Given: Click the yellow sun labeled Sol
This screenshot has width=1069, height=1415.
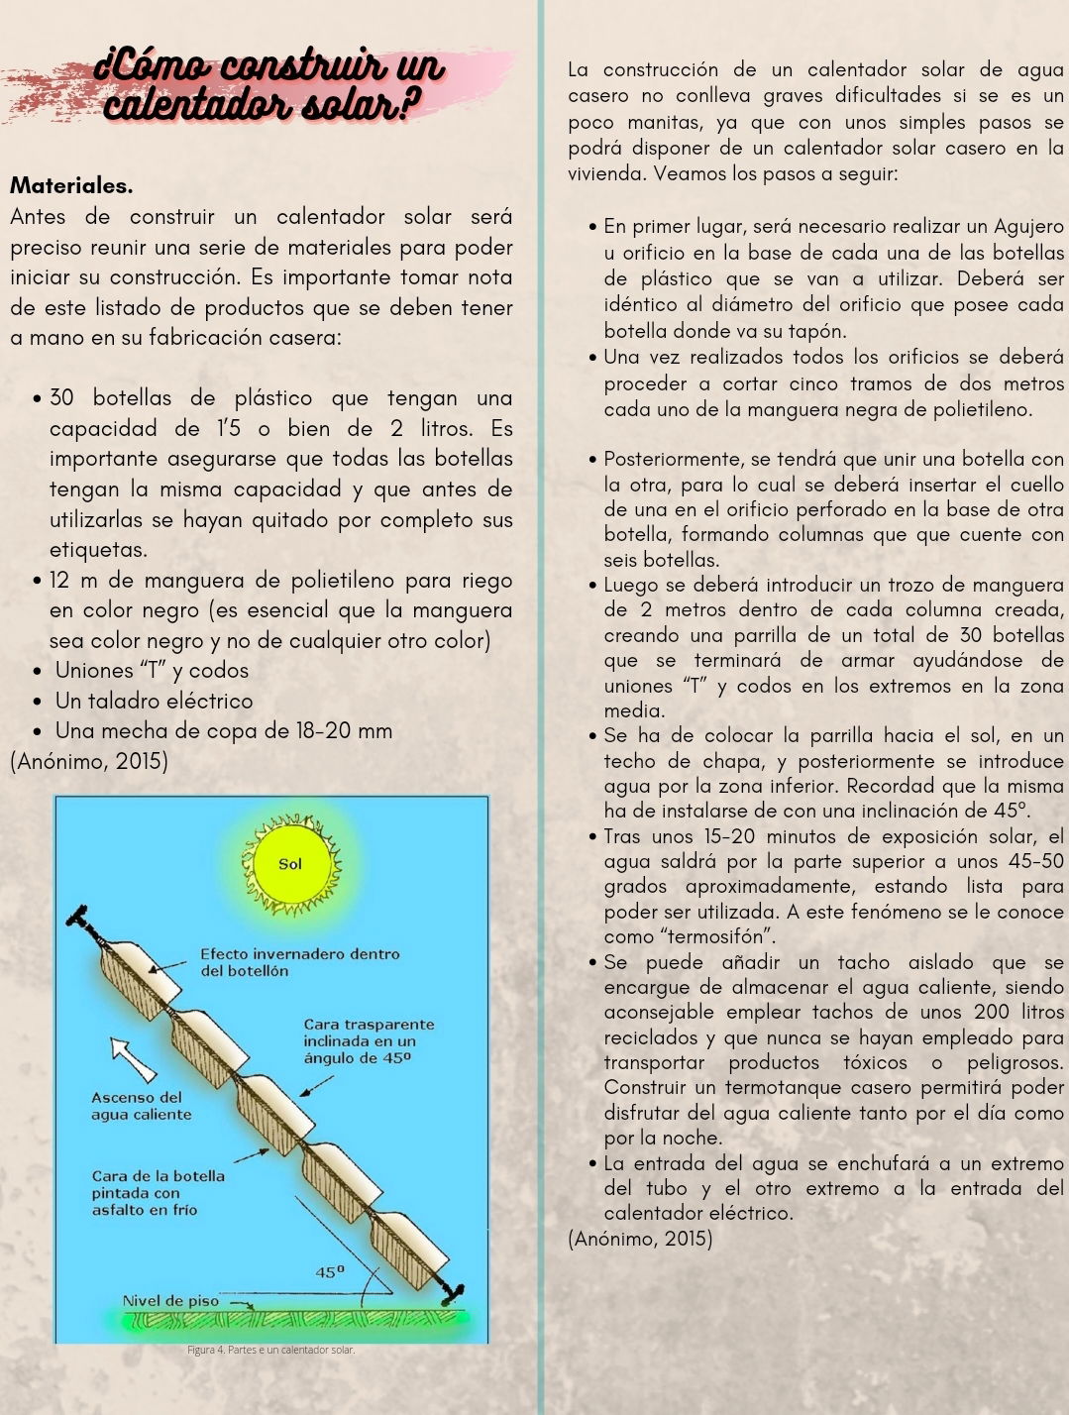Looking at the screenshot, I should tap(290, 864).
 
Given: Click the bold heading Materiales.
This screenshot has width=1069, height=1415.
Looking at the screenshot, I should tap(71, 185).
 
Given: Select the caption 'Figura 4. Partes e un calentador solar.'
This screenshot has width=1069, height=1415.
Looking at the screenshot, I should tap(270, 1350).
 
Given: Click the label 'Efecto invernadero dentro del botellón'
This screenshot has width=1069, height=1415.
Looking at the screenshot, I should tap(299, 962).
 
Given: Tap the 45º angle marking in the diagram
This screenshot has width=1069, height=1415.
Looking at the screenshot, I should tap(331, 1271).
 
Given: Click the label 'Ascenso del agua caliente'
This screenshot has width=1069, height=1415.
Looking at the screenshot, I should tap(141, 1106).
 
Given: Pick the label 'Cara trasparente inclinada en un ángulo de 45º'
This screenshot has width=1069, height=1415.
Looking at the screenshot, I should tap(368, 1040).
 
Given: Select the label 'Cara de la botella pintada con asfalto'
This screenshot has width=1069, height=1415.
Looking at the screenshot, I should tap(158, 1192).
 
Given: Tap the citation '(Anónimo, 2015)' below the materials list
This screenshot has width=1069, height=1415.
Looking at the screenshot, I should tap(89, 761).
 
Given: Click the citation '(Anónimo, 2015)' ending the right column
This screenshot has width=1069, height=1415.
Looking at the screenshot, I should tap(640, 1239).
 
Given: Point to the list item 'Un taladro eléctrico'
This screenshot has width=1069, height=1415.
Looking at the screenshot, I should tap(154, 701).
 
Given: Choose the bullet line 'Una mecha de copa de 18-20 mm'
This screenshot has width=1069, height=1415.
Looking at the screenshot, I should tap(223, 731).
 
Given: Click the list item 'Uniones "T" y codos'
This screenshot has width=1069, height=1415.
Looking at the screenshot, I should tap(152, 670).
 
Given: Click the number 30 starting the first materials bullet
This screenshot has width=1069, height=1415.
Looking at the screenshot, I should tap(61, 398).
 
